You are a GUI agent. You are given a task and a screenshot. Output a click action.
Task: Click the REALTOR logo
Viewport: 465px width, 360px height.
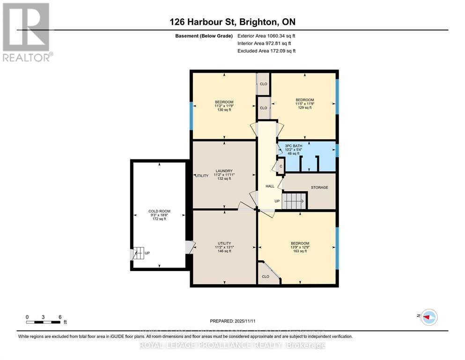[26, 32]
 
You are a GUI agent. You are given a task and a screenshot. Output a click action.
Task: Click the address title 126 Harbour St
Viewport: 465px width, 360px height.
[232, 22]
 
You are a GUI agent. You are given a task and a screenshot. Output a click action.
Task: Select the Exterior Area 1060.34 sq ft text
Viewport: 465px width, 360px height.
[266, 36]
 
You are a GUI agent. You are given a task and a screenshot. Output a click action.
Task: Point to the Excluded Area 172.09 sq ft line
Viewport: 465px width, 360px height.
[266, 51]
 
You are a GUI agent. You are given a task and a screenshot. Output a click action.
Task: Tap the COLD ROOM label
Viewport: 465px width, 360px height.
[157, 215]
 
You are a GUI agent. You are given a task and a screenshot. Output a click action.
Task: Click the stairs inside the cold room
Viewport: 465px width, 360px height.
[138, 253]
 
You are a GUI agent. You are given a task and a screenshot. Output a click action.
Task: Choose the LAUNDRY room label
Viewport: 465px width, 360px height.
[224, 174]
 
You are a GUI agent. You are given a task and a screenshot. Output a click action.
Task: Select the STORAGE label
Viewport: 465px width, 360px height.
[319, 187]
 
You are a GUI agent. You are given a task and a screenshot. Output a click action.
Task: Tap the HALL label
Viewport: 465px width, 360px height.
[270, 186]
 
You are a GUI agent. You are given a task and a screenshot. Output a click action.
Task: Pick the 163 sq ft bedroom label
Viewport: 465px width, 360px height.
[300, 247]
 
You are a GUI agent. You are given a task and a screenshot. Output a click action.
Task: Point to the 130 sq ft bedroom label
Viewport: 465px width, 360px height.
[224, 105]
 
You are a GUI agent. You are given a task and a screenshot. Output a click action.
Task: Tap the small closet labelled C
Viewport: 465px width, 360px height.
[281, 166]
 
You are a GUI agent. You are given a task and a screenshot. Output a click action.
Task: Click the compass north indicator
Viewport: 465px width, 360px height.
[428, 317]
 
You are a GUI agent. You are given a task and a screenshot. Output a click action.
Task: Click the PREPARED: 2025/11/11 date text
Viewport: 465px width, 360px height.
[232, 321]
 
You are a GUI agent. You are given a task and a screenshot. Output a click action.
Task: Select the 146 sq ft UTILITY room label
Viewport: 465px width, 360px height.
[224, 247]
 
